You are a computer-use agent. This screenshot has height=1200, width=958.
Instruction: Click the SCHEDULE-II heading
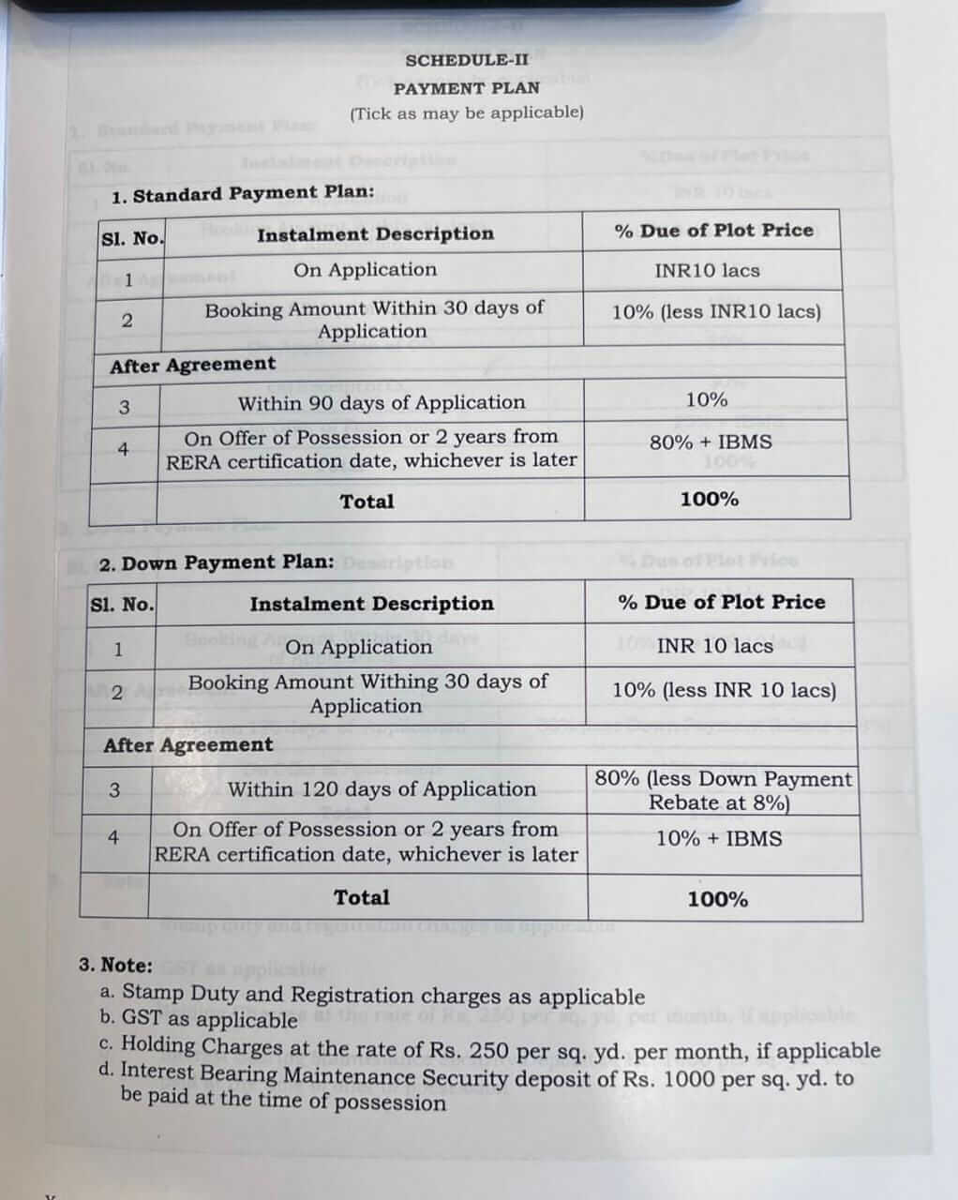[466, 60]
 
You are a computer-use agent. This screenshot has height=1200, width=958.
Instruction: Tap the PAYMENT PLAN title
[466, 88]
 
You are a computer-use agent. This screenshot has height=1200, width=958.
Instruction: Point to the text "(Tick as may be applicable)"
[466, 112]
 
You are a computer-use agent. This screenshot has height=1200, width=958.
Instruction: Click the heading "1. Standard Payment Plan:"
[242, 195]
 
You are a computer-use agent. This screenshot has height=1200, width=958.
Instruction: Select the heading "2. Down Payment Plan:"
[216, 562]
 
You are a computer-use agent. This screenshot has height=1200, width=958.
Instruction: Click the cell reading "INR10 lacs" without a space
[707, 271]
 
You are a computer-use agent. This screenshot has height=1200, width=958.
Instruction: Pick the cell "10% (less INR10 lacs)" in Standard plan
[715, 312]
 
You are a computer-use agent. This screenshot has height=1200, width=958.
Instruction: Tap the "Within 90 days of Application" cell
[381, 403]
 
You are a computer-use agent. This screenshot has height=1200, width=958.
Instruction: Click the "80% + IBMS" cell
[711, 442]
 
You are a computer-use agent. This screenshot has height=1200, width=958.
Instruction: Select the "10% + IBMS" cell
[718, 838]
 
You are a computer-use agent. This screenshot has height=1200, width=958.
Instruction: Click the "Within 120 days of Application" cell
[382, 789]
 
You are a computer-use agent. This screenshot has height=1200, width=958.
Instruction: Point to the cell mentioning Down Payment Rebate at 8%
[723, 790]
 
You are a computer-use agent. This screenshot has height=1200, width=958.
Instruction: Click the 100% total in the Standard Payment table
[709, 499]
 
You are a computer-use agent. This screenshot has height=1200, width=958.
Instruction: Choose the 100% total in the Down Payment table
[717, 899]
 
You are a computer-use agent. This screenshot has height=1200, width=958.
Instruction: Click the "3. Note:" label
[115, 965]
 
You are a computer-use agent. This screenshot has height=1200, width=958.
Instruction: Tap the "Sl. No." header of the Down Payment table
[121, 605]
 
